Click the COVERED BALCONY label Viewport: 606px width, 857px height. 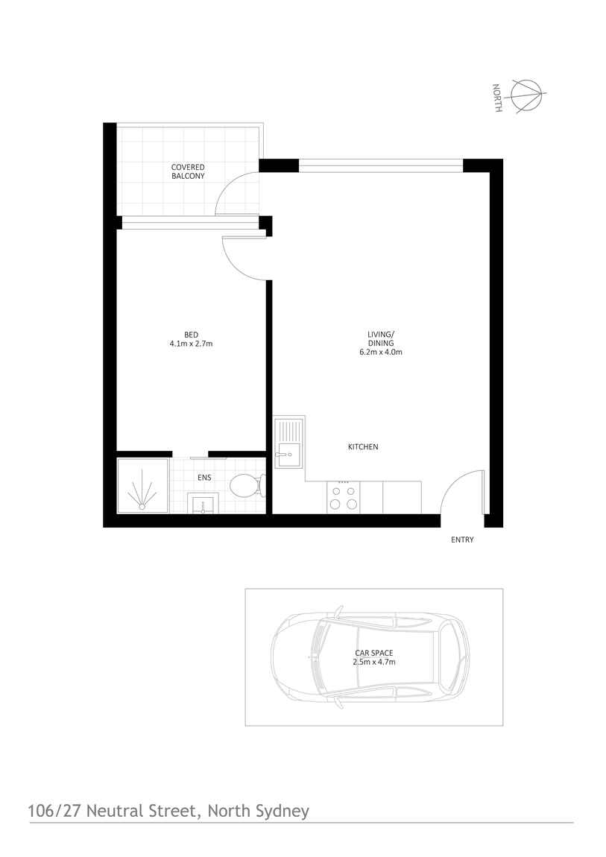(x=188, y=171)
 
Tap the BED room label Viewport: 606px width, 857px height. (x=192, y=334)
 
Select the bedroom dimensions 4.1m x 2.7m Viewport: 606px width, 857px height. (x=192, y=344)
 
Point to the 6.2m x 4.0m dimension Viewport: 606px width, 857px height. (x=380, y=352)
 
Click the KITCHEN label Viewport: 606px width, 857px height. (x=363, y=447)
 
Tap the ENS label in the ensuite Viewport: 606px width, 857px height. (x=203, y=477)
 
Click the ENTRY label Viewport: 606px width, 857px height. (x=462, y=540)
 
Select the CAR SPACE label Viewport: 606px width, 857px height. (x=373, y=653)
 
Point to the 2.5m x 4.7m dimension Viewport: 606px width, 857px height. (x=373, y=662)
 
